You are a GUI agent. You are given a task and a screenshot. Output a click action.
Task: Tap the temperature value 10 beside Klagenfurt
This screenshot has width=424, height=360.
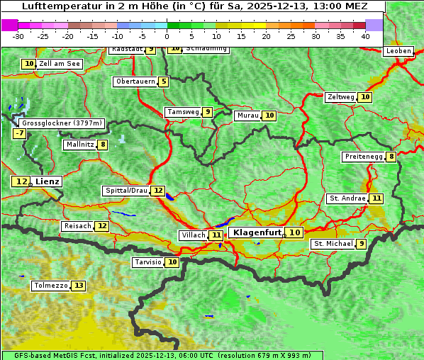click(x=295, y=232)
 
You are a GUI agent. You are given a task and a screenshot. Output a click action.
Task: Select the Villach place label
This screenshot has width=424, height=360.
click(x=193, y=235)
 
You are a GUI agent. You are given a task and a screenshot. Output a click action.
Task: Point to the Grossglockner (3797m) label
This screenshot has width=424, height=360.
click(x=62, y=123)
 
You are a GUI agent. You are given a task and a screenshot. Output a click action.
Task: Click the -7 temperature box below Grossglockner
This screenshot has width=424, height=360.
click(x=19, y=133)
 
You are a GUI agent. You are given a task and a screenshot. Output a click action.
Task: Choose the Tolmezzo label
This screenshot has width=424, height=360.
click(x=50, y=286)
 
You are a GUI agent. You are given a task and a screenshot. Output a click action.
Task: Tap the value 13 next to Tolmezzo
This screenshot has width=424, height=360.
click(x=78, y=286)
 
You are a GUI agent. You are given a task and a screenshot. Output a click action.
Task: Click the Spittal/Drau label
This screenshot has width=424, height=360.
click(x=126, y=191)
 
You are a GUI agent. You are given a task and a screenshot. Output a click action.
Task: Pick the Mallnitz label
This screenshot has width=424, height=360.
click(x=79, y=145)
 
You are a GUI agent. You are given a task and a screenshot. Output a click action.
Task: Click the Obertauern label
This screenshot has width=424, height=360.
click(x=135, y=81)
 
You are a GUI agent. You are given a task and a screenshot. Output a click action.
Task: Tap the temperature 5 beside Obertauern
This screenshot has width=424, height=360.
click(x=164, y=81)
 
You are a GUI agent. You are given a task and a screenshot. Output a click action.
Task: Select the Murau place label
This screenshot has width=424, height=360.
click(x=247, y=116)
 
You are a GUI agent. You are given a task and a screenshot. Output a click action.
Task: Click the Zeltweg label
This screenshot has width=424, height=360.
click(x=340, y=97)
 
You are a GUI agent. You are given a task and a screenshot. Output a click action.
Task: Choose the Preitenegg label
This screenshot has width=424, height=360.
click(x=364, y=157)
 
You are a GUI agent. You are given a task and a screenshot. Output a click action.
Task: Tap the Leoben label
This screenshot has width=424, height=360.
click(x=398, y=51)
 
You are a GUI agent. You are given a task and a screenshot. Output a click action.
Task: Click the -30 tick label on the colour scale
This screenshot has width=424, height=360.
click(x=18, y=35)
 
